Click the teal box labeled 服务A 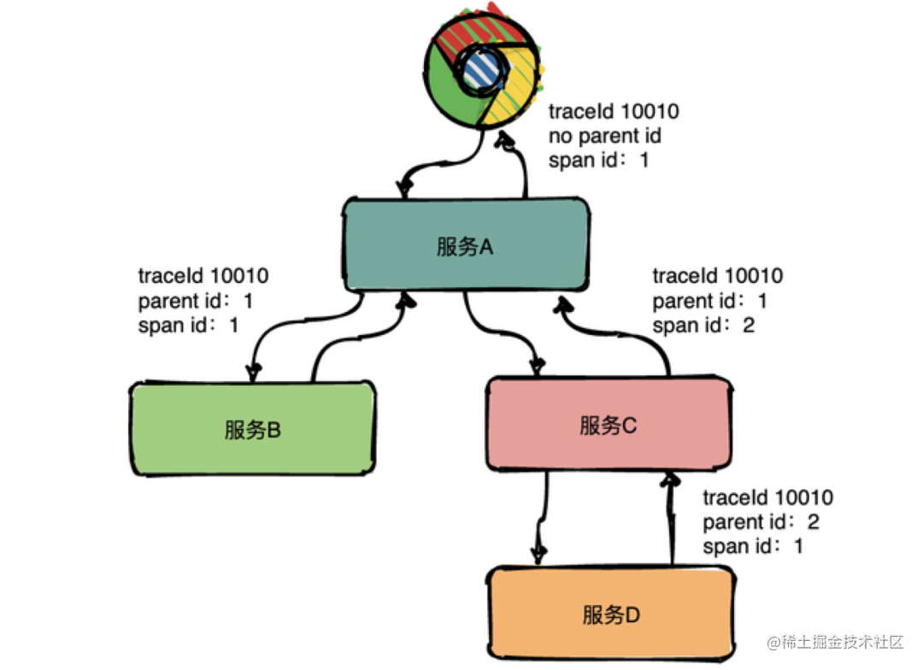coord(466,247)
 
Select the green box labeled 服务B coord(253,430)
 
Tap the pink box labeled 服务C coord(608,425)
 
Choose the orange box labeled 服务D coord(611,614)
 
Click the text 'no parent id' coord(605,136)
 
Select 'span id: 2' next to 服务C coord(703,326)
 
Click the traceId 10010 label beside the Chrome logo coord(614,112)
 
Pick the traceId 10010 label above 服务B coord(203,276)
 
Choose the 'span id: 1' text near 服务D coord(752,546)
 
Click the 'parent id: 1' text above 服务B coord(196,301)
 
